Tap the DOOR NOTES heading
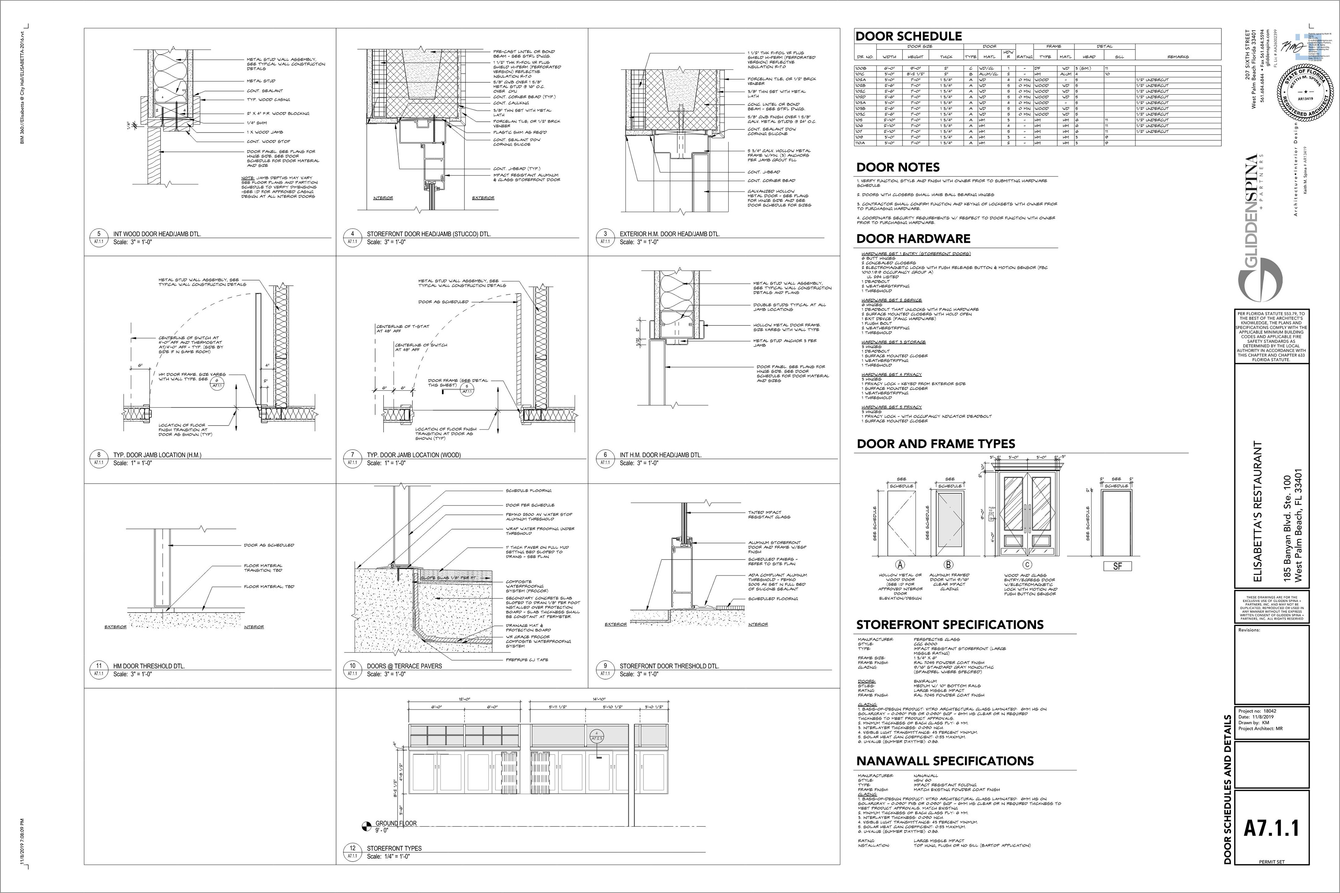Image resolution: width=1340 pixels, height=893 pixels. (898, 167)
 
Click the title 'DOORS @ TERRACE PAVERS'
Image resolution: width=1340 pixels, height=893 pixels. (404, 666)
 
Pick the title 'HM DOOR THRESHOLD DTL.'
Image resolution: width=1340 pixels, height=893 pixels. (149, 666)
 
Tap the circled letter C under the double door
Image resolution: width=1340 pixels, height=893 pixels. (1027, 565)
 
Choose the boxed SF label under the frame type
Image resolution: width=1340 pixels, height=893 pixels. (1117, 566)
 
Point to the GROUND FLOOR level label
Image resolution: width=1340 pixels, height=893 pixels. (396, 823)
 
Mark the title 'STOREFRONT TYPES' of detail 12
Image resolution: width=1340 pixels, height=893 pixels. (394, 848)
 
